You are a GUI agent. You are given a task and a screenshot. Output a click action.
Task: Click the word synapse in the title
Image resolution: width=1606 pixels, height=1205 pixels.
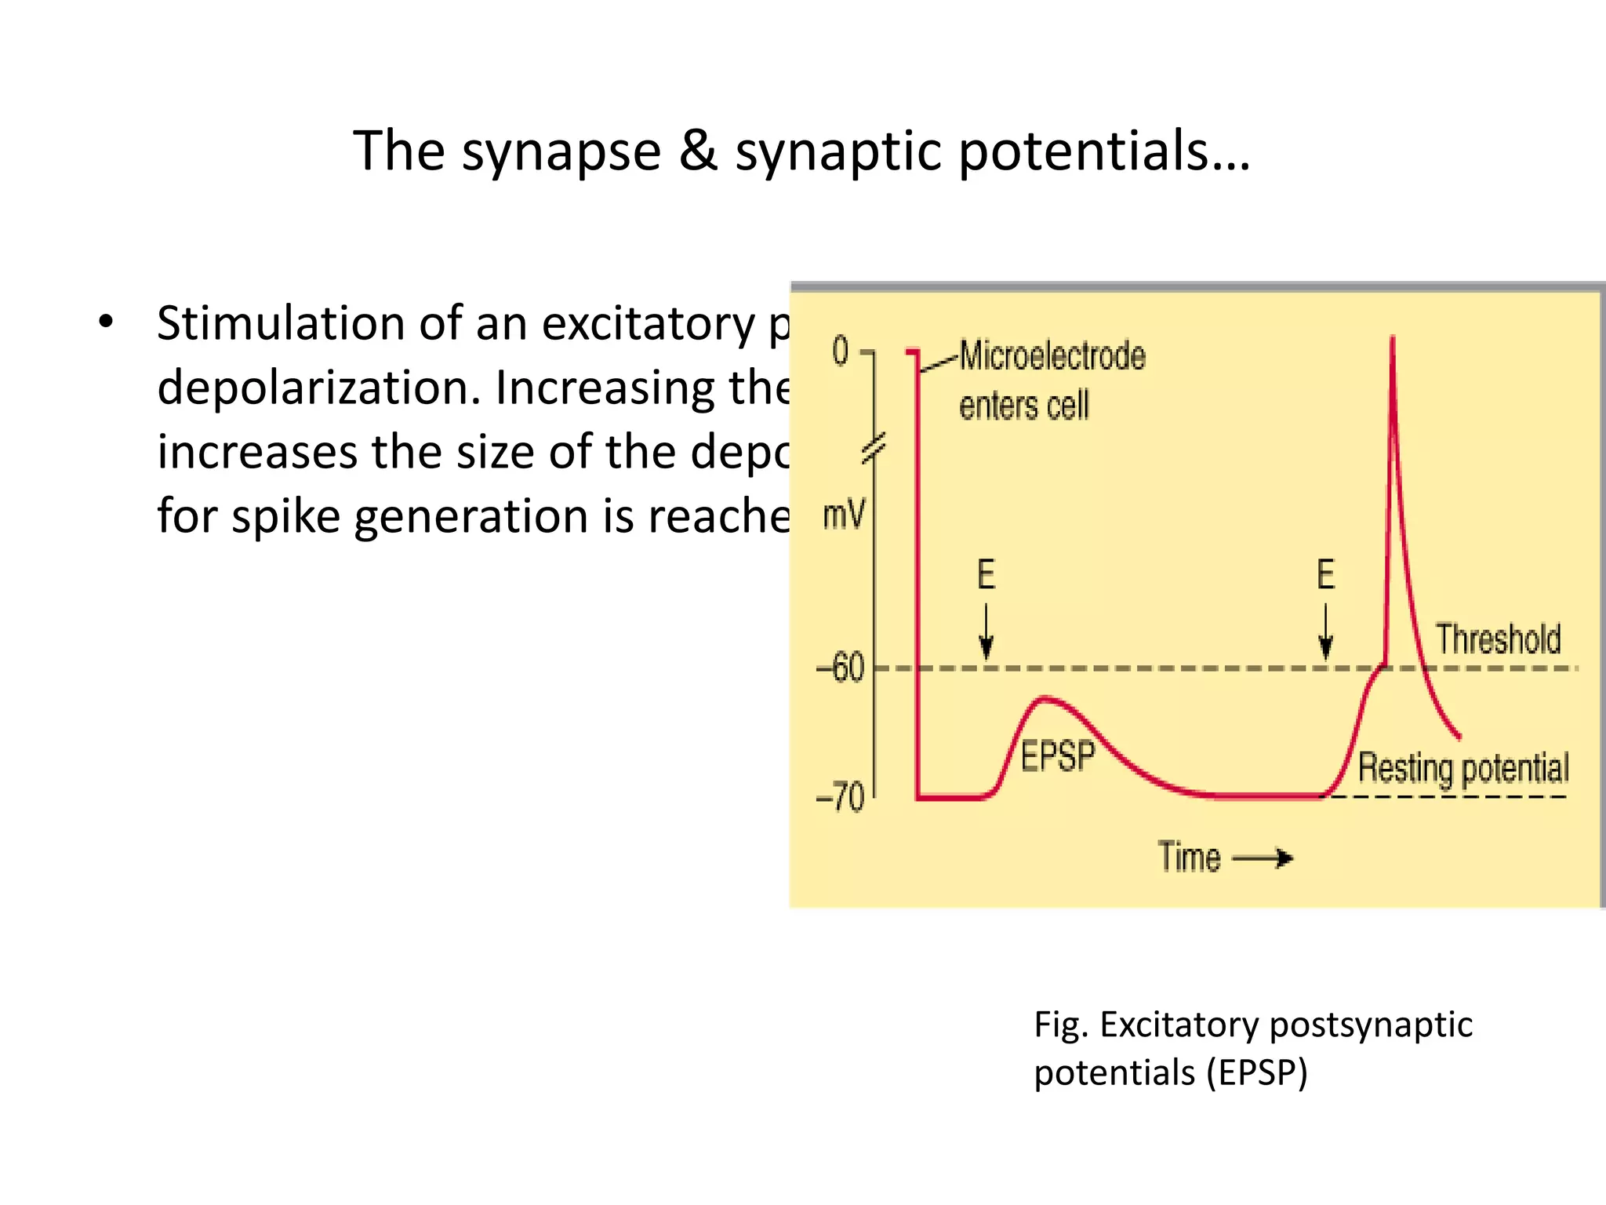click(561, 151)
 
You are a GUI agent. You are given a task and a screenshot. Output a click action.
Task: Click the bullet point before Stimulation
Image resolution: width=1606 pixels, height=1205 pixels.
click(106, 322)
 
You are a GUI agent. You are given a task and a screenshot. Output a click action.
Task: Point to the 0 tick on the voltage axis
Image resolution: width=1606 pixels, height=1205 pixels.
click(841, 351)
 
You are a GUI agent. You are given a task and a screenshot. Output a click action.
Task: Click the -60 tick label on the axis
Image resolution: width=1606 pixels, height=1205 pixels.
click(840, 668)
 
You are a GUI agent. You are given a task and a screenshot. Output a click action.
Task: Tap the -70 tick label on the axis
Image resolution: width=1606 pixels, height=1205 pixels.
click(840, 797)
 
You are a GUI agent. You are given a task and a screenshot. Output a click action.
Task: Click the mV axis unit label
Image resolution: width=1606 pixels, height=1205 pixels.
click(844, 515)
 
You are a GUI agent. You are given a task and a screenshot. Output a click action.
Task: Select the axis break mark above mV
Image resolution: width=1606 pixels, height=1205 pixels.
click(874, 448)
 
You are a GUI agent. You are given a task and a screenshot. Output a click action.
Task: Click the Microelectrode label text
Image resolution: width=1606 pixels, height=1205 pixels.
click(1052, 356)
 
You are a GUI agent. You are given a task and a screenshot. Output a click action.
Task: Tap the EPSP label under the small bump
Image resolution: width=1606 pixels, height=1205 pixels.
click(1056, 756)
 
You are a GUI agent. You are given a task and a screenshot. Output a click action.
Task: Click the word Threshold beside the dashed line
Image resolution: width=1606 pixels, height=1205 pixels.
click(1498, 639)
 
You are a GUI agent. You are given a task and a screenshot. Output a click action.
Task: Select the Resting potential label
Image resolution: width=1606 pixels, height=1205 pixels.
click(1463, 767)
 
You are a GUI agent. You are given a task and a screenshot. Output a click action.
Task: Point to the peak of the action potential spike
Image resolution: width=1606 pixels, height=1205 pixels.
click(1393, 339)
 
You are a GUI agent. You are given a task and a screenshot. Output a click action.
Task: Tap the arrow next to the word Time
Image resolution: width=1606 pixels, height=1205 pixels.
click(1263, 858)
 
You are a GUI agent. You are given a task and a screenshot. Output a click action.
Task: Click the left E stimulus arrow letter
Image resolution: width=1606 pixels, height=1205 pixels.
click(986, 574)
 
